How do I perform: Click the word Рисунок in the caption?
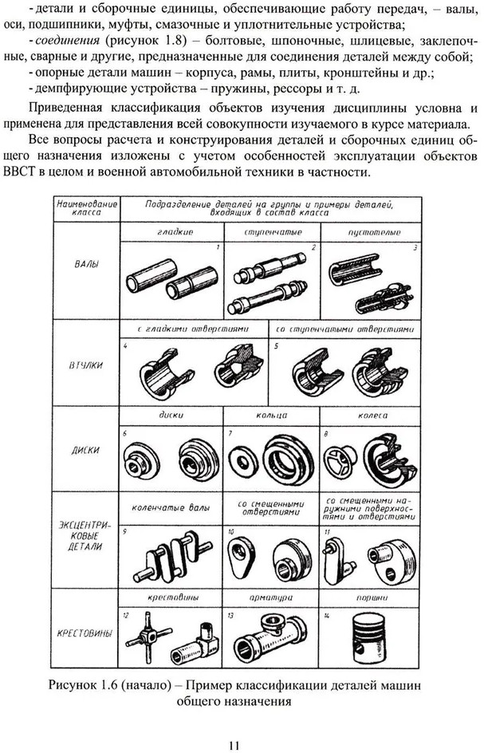[x=73, y=685]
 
